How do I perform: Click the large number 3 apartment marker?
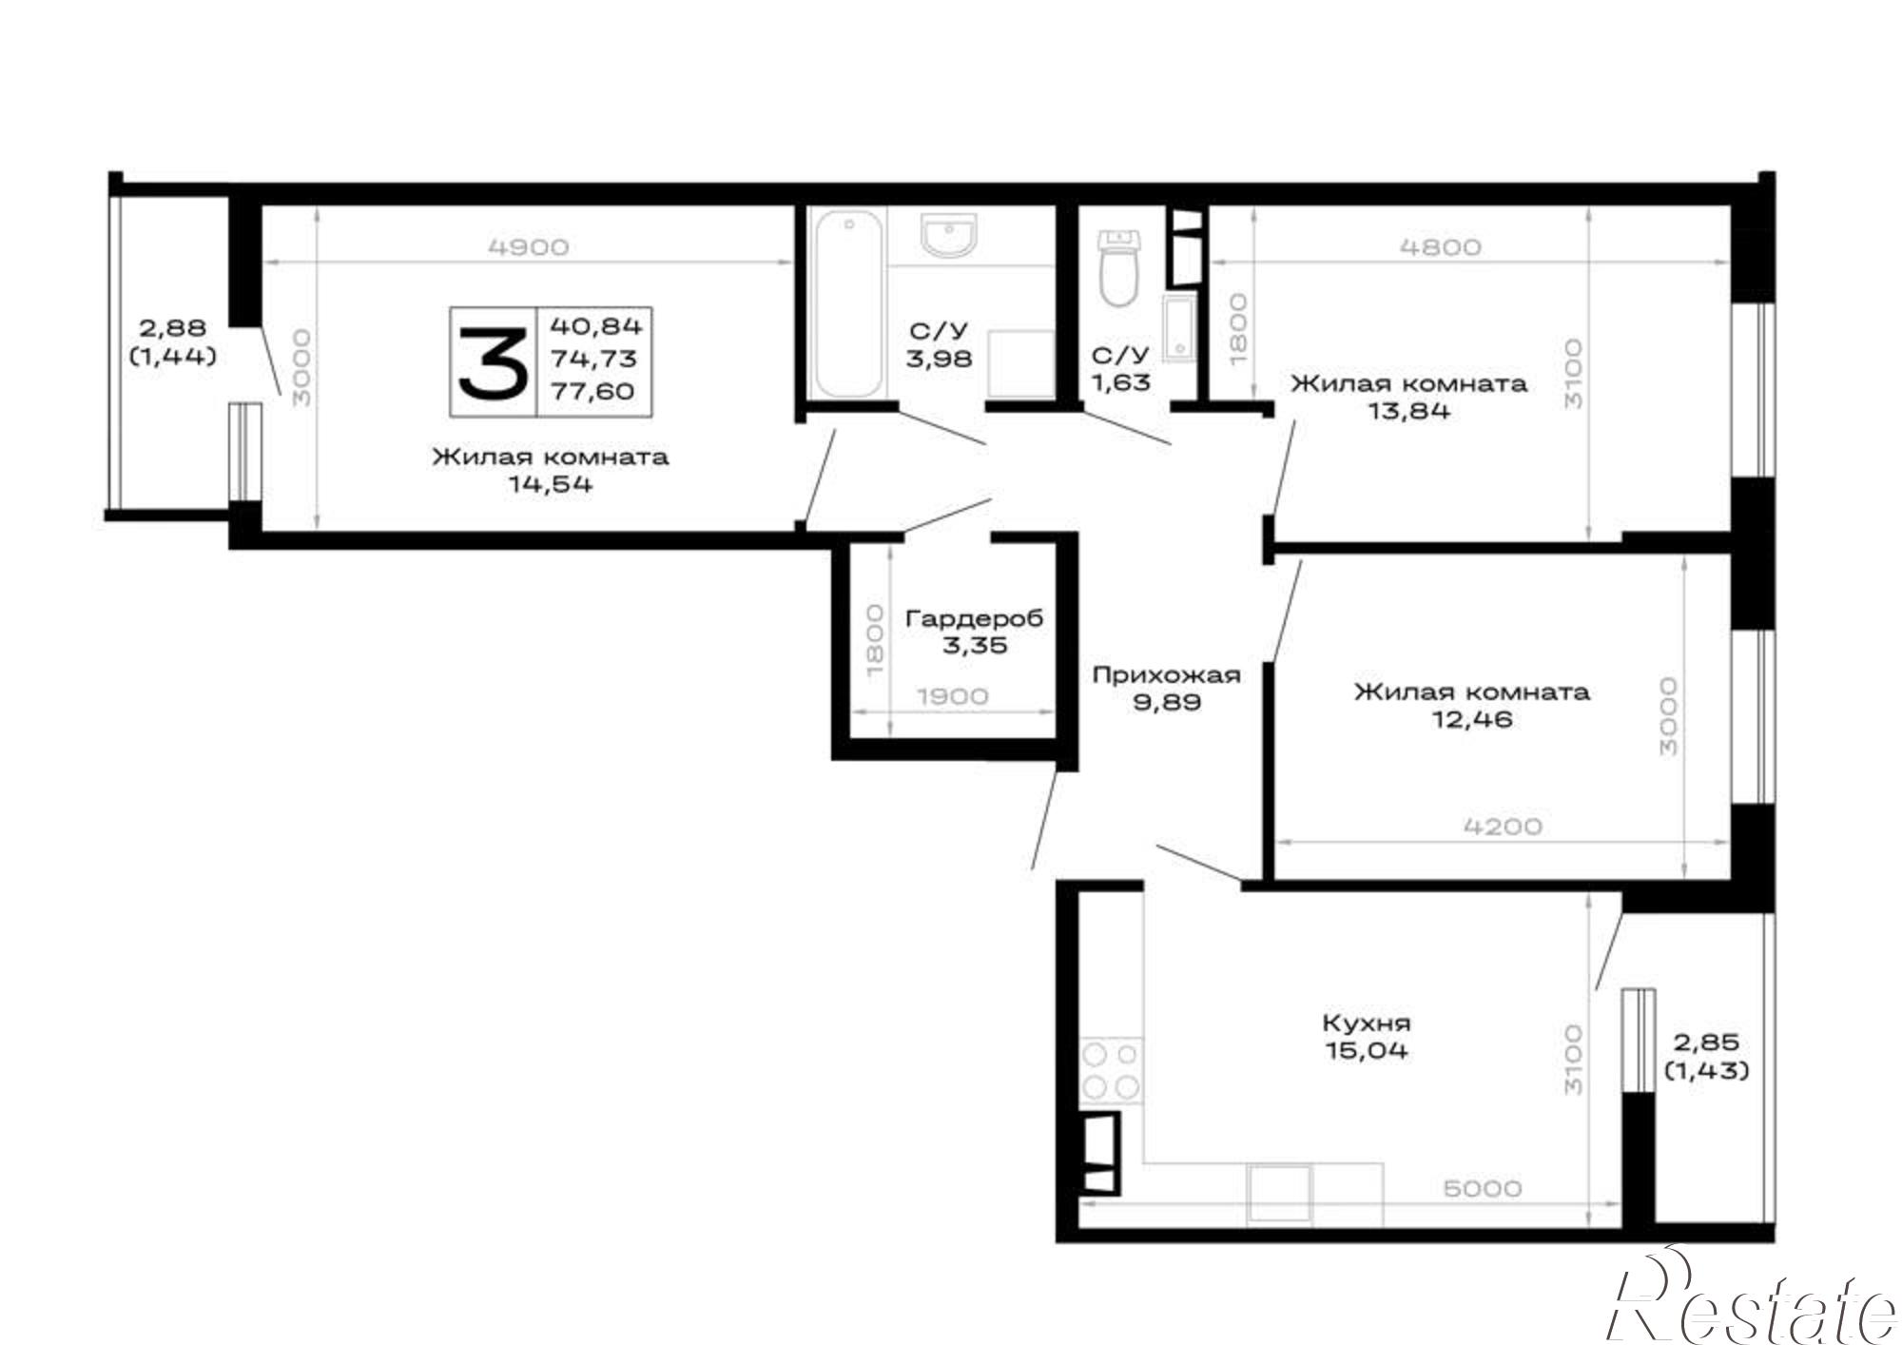493,361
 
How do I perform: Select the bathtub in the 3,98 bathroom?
846,304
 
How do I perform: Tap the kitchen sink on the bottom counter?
1279,1193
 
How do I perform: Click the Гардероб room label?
974,618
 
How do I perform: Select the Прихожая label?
1166,675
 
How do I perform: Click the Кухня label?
1367,1023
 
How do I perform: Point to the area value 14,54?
551,484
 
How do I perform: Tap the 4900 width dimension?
528,247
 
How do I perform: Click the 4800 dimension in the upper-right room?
1441,247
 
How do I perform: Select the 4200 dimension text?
1503,826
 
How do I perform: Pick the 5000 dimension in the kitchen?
1483,1189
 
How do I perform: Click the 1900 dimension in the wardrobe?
953,696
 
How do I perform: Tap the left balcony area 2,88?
173,328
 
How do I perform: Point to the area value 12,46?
1472,719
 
